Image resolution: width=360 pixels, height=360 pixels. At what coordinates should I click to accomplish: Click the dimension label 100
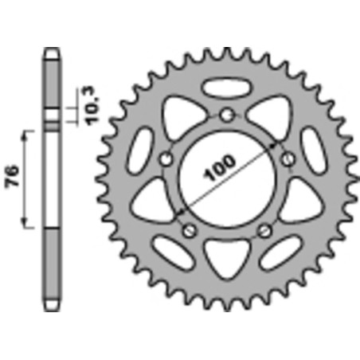[x=219, y=168]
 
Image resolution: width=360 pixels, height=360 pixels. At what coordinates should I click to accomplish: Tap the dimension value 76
[x=13, y=176]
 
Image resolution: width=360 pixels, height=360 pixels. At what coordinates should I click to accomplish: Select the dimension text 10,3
[x=92, y=106]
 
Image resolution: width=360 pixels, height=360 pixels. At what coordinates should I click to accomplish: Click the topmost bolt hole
[x=227, y=115]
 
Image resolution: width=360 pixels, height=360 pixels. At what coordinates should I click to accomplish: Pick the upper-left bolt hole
[x=166, y=159]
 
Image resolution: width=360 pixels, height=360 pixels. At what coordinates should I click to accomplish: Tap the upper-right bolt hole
[x=288, y=159]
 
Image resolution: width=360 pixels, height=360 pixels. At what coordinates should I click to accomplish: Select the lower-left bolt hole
[x=190, y=230]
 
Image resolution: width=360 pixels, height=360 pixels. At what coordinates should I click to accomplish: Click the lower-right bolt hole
[x=265, y=230]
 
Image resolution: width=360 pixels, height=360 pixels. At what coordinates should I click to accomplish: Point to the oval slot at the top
[x=227, y=87]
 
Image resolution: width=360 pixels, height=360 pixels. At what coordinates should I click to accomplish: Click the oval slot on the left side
[x=141, y=150]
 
